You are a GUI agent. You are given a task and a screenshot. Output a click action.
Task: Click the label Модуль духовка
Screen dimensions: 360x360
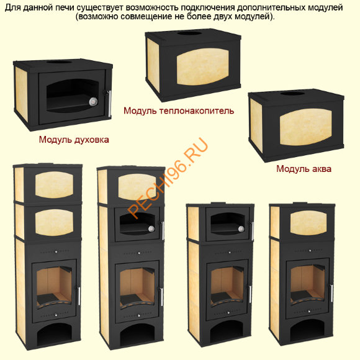[x=73, y=140]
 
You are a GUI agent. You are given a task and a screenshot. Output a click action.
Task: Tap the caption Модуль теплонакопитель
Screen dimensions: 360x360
[x=178, y=110]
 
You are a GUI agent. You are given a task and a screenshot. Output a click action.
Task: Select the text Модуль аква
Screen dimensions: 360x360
[x=304, y=168]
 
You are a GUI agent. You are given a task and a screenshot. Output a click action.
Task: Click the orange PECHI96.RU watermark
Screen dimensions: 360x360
[x=168, y=176]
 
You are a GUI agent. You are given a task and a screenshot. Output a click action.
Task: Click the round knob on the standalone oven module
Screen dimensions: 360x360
[x=95, y=101]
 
